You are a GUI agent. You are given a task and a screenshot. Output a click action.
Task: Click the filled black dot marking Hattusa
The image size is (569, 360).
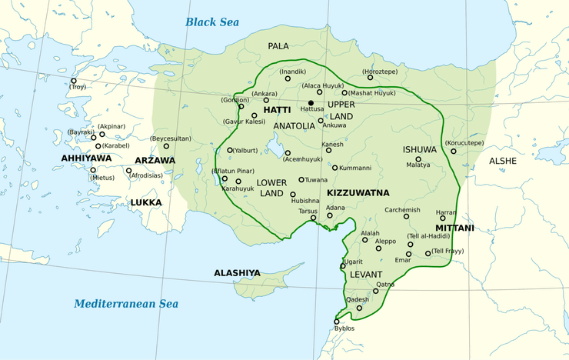click(311, 102)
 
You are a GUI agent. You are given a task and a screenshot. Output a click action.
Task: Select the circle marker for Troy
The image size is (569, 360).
click(74, 81)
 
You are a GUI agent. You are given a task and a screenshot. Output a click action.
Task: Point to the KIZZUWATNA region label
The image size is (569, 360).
click(358, 192)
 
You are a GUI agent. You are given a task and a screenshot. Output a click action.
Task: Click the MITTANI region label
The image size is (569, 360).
click(454, 228)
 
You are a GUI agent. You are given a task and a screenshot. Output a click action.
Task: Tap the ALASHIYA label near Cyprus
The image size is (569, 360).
click(237, 273)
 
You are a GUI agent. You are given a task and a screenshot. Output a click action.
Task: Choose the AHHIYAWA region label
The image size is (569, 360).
click(86, 158)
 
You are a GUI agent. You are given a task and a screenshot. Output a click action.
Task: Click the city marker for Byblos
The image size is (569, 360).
click(336, 322)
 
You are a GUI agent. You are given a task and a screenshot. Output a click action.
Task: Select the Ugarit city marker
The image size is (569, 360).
click(343, 267)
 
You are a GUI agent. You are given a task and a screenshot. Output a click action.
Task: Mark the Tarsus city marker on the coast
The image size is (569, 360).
click(313, 218)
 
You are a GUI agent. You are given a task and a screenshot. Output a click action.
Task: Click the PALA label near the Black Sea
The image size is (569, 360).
click(278, 46)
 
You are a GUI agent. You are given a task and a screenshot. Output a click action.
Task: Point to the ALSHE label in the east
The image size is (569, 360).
click(504, 161)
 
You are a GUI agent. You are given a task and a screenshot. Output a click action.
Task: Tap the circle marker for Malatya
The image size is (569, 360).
click(418, 159)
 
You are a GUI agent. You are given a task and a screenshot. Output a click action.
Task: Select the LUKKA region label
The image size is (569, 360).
click(145, 202)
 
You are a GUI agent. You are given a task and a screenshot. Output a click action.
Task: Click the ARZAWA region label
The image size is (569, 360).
click(155, 160)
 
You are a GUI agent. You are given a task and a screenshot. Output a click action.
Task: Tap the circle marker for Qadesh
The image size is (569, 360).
click(359, 308)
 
